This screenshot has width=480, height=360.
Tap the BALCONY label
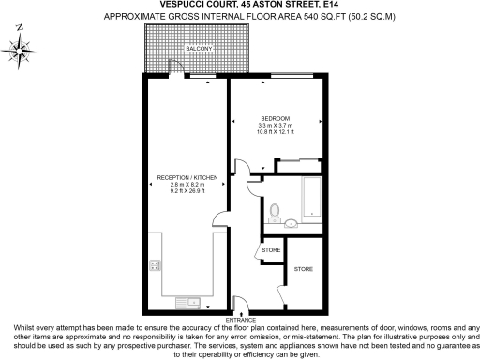tap(197, 47)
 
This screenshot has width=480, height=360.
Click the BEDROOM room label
tap(276, 118)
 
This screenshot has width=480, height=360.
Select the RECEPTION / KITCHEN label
tap(187, 178)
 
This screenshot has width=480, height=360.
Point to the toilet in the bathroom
tap(273, 210)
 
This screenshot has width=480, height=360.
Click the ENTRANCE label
tap(240, 320)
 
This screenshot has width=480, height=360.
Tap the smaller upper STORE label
tap(272, 250)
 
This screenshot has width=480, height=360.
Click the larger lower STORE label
tap(304, 269)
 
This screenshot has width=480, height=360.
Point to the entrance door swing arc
tap(239, 304)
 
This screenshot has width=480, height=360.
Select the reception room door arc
tap(219, 222)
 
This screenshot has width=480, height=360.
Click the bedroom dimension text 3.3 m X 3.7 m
tap(276, 126)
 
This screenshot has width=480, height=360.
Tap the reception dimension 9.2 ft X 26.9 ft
tap(187, 191)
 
